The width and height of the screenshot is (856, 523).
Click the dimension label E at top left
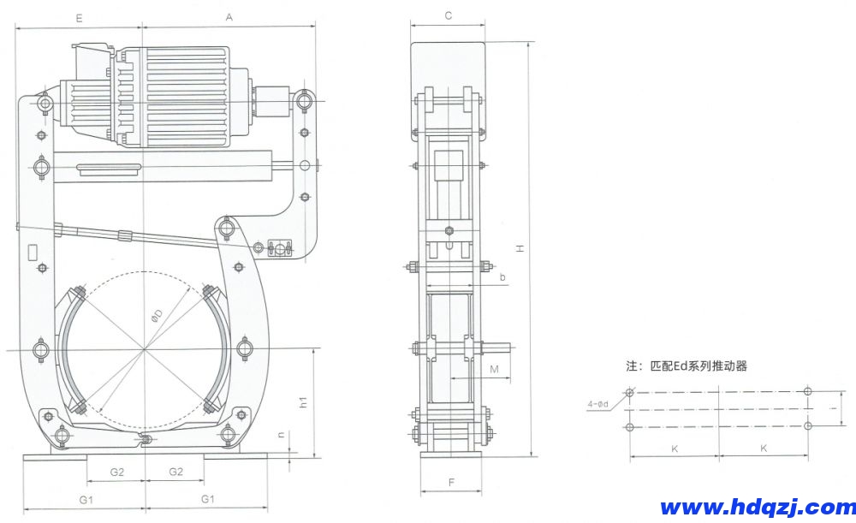pyautogui.click(x=79, y=16)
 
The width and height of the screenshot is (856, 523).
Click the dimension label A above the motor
pyautogui.click(x=229, y=16)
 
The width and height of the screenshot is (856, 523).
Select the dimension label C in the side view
pyautogui.click(x=449, y=15)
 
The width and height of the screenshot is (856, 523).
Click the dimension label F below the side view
pyautogui.click(x=451, y=482)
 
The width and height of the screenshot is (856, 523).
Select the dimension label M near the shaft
pyautogui.click(x=495, y=369)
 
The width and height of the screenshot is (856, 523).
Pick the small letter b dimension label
pyautogui.click(x=502, y=277)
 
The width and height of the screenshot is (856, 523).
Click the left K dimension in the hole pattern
pyautogui.click(x=675, y=448)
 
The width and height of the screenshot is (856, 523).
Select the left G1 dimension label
pyautogui.click(x=86, y=498)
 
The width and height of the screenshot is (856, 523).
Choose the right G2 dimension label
pyautogui.click(x=175, y=472)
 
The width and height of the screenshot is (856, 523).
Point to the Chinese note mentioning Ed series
pyautogui.click(x=687, y=366)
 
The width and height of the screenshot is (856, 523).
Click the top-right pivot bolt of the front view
pyautogui.click(x=305, y=103)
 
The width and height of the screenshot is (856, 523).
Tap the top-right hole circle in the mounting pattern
pyautogui.click(x=808, y=392)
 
